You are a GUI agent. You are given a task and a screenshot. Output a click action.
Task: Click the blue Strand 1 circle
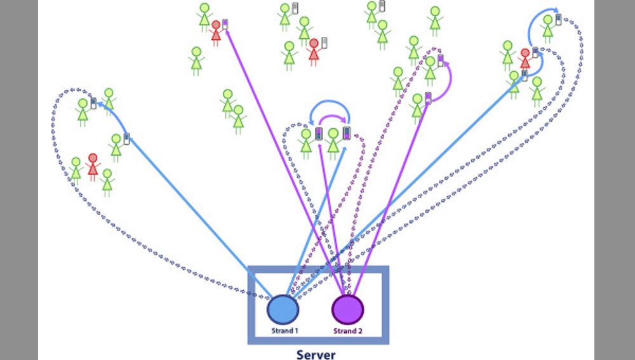coord(283,309)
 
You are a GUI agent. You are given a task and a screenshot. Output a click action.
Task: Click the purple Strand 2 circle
coord(348,309)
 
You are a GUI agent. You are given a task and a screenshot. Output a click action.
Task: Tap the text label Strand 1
coord(283,331)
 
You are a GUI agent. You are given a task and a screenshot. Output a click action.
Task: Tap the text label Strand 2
coord(347,331)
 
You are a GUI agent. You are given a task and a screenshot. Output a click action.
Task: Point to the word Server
coord(316,354)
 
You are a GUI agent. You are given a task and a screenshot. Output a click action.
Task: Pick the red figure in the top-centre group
coord(313,51)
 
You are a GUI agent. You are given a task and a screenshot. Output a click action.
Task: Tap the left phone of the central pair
coord(319,134)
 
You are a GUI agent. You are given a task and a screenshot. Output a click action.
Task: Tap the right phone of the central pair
coord(347,133)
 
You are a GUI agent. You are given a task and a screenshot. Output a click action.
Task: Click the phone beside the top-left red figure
coord(225,25)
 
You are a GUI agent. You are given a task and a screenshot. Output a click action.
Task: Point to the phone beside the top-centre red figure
coord(324,43)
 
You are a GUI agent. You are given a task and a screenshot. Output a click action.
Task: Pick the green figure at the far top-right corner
coord(547,28)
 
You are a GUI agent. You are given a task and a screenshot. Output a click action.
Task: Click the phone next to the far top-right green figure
coord(559,19)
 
